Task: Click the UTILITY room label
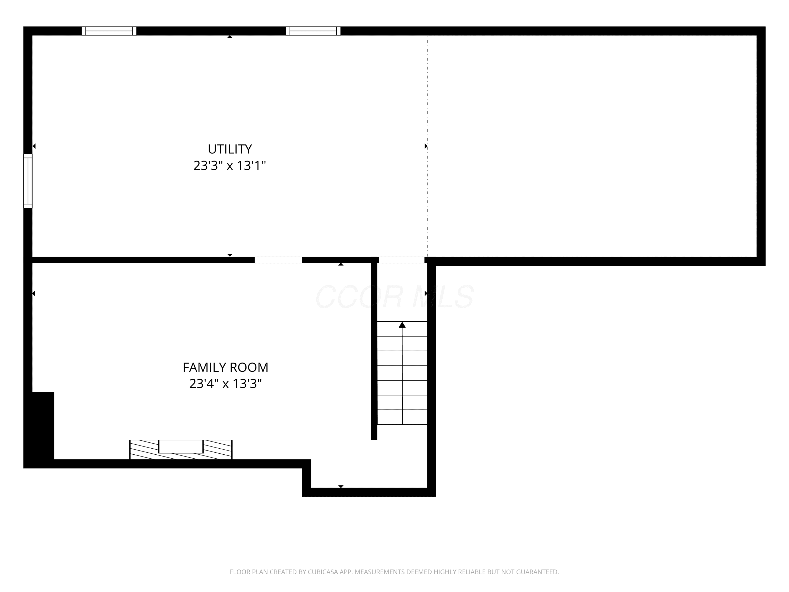(230, 149)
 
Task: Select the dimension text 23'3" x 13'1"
(230, 165)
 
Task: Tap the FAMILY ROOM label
(225, 367)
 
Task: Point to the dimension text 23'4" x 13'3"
(225, 384)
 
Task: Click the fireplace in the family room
(181, 450)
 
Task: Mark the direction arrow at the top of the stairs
(402, 325)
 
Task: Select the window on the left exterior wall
(28, 181)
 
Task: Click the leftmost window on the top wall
(109, 31)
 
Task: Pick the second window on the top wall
(313, 31)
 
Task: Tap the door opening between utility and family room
(278, 260)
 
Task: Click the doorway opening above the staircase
(402, 260)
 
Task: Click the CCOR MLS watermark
(394, 297)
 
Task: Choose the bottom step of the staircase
(402, 417)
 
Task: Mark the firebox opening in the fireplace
(181, 446)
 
